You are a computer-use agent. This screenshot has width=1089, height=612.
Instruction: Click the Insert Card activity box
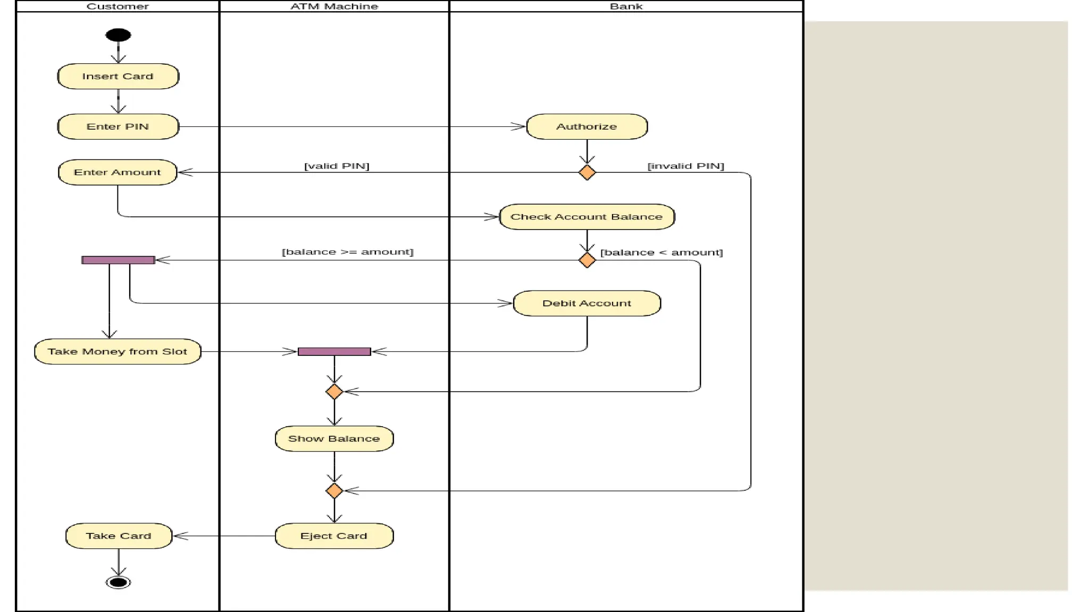pos(118,76)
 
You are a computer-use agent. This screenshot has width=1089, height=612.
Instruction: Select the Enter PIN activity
pos(118,126)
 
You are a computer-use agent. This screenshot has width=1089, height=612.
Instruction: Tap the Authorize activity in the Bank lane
pos(587,126)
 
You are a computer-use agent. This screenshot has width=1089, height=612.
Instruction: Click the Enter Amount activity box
pos(118,172)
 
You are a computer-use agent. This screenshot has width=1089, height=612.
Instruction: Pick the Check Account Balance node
pos(587,217)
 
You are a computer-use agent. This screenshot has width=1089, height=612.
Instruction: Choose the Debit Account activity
pos(587,303)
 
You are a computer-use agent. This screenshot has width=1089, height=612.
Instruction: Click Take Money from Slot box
pos(118,351)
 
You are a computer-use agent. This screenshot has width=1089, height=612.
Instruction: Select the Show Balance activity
pos(334,439)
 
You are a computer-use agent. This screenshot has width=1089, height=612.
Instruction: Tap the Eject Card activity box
pos(334,536)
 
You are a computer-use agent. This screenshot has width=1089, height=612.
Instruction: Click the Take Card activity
pos(119,536)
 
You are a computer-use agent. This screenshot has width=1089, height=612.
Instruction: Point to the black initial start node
pos(118,35)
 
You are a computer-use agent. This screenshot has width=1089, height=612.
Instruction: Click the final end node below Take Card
pos(118,582)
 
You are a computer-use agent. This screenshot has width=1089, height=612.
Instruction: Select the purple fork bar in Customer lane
pos(118,260)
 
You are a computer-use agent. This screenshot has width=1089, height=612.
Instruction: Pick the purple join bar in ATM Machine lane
pos(334,352)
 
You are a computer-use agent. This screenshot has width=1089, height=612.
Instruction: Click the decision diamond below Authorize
pos(587,173)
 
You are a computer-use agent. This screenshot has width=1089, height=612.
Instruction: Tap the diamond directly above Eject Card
pos(334,490)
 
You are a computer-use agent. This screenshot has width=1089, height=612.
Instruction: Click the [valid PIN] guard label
pos(337,166)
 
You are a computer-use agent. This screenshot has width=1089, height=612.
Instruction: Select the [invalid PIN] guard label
pos(685,166)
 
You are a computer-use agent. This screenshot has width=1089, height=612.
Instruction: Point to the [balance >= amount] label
pos(347,252)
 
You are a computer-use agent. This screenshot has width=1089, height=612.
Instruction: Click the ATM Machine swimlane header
pos(334,6)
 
